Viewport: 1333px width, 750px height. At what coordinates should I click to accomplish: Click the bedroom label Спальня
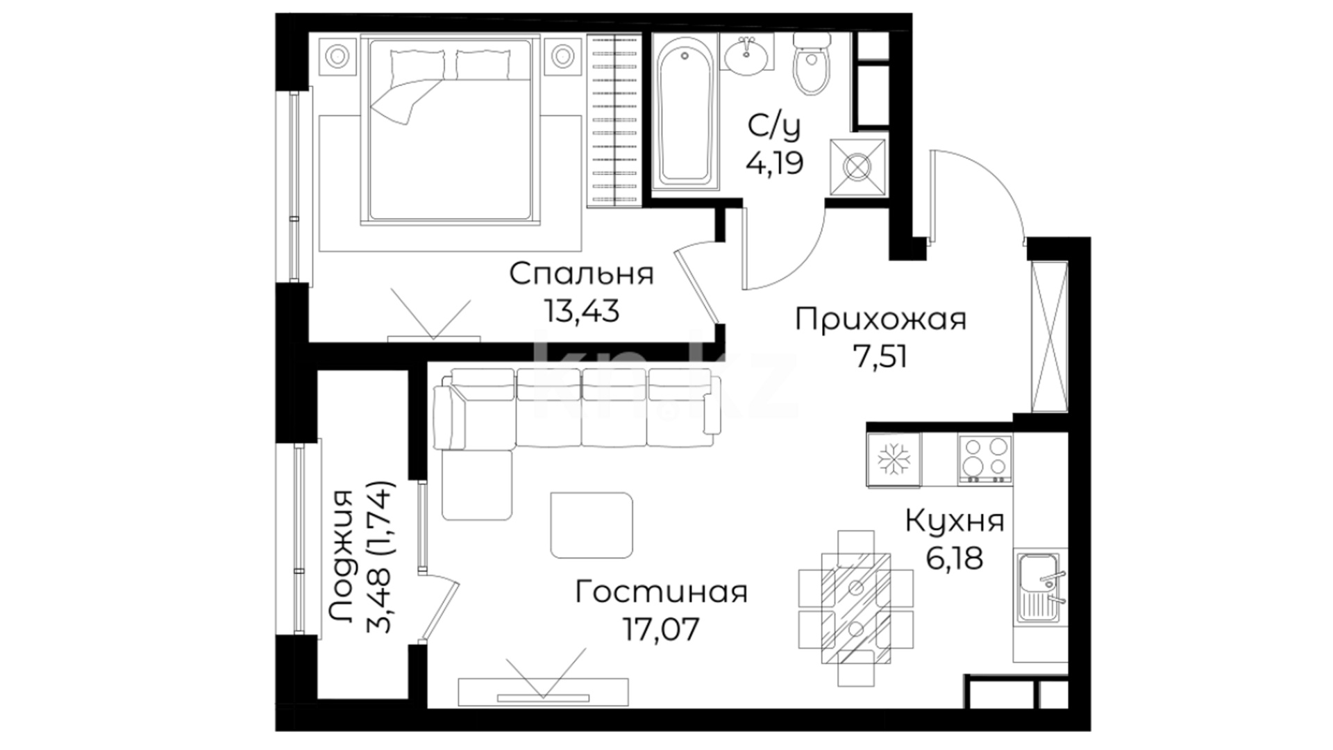click(x=582, y=274)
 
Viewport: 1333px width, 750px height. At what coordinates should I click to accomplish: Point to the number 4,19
click(x=775, y=164)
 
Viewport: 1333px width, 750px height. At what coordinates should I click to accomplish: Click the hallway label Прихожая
click(x=881, y=321)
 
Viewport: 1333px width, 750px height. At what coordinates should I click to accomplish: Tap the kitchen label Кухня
click(x=955, y=521)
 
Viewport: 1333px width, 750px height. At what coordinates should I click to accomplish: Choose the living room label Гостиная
click(x=662, y=593)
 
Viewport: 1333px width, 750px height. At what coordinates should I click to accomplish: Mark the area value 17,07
click(x=662, y=630)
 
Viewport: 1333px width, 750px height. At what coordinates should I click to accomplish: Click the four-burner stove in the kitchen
click(x=984, y=458)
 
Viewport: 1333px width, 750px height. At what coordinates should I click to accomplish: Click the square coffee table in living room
click(x=592, y=525)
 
